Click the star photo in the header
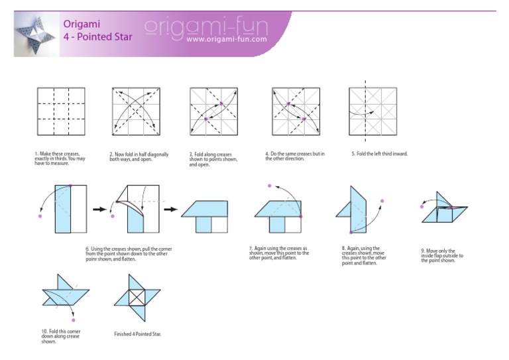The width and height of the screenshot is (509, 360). click(36, 34)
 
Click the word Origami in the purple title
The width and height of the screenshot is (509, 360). click(82, 24)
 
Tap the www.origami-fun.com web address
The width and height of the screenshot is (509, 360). click(227, 39)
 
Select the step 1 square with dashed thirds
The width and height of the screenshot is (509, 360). click(61, 111)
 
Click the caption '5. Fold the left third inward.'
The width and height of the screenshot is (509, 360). click(380, 154)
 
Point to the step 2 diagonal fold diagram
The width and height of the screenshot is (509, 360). click(136, 111)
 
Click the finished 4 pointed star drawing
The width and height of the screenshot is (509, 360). click(137, 298)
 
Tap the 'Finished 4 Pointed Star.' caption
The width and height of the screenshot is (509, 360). click(138, 333)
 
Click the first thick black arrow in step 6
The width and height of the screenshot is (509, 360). click(99, 210)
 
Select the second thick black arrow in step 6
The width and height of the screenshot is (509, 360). click(171, 210)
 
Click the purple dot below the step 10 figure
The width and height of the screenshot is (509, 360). click(74, 320)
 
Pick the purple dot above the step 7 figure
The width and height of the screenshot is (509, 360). click(270, 186)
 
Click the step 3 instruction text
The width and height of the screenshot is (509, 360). click(213, 159)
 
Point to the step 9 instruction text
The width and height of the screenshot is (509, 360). click(442, 255)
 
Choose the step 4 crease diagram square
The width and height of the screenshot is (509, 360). click(296, 111)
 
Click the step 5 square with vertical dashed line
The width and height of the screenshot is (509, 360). click(373, 111)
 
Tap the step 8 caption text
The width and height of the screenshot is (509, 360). click(364, 255)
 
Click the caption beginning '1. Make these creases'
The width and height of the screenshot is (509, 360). click(60, 158)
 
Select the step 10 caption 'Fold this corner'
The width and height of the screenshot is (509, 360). click(61, 336)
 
